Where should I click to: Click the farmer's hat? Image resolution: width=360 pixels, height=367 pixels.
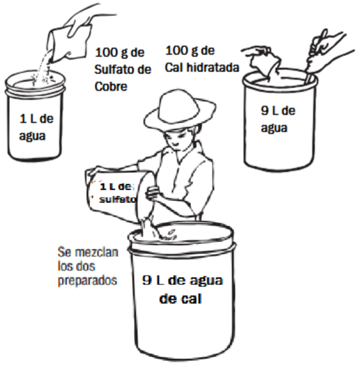coord(179,111)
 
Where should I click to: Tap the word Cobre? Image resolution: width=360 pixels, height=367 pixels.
coord(111,87)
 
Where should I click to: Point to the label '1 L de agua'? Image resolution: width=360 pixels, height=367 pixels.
coord(36,127)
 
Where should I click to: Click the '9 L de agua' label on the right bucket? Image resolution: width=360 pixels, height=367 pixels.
coord(278,120)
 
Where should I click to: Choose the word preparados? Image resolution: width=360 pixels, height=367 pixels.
coord(87,280)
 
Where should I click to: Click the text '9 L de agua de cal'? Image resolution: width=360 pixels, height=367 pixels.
coord(182,289)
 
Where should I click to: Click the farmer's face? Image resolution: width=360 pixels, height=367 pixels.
coord(176,138)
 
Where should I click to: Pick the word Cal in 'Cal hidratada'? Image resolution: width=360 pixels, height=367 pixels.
coord(174,67)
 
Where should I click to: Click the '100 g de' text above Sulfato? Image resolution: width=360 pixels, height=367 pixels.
coord(120,52)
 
